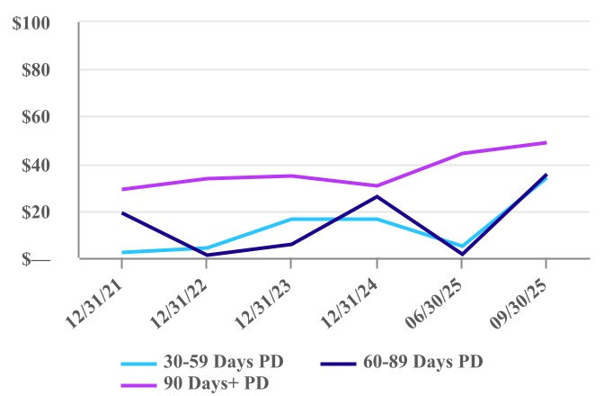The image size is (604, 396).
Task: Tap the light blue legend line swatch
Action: tap(144, 363)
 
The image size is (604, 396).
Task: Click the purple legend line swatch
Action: tap(144, 383)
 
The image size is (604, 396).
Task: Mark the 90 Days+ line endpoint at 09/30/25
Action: tap(546, 142)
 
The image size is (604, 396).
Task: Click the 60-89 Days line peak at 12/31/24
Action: tap(377, 196)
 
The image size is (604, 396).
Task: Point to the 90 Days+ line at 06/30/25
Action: tap(461, 153)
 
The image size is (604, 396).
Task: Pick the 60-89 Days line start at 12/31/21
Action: tap(122, 213)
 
